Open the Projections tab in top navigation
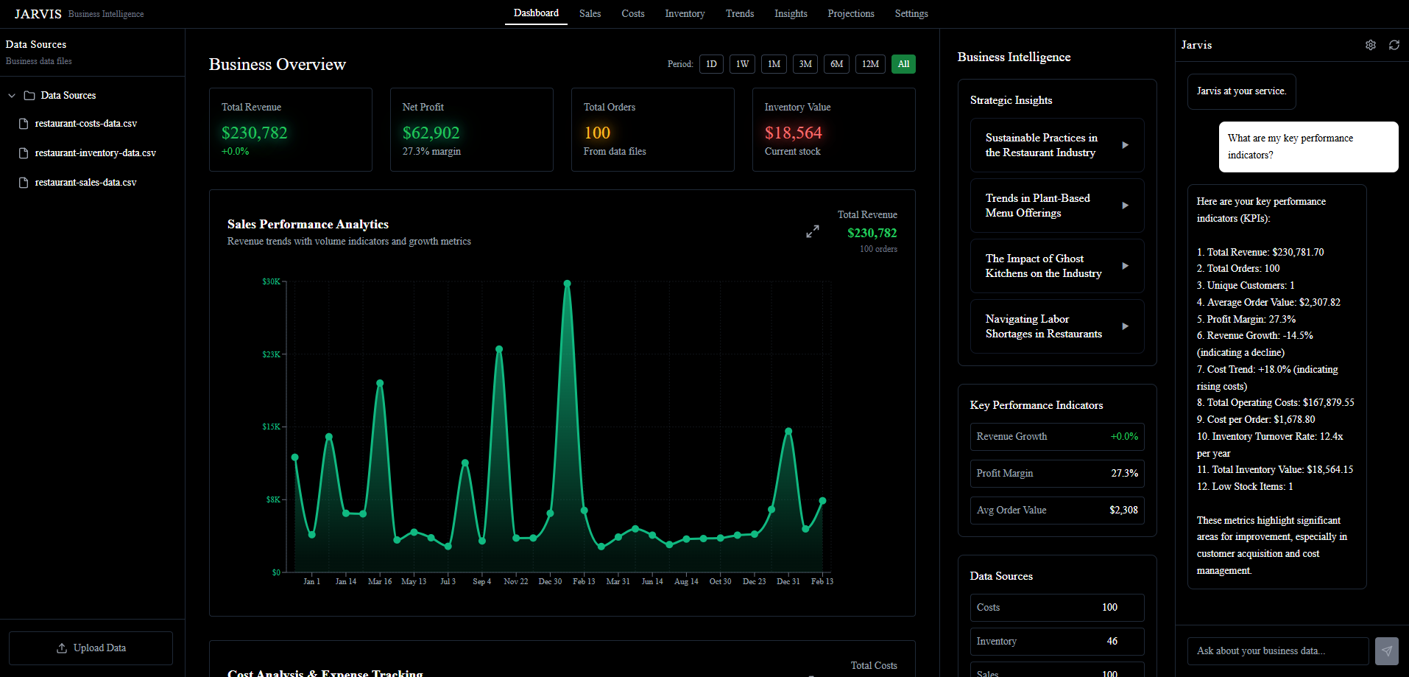850,13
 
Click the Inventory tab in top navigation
684,13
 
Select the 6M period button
836,64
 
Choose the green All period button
903,64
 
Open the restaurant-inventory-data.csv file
95,153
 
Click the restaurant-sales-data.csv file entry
85,183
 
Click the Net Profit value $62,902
431,133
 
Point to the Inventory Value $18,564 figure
793,133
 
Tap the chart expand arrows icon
813,231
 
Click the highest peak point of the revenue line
567,283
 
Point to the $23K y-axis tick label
271,354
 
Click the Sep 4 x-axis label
481,581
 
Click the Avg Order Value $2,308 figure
1123,510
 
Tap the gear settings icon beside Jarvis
1370,45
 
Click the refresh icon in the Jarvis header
1394,45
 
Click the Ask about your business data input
1277,650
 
